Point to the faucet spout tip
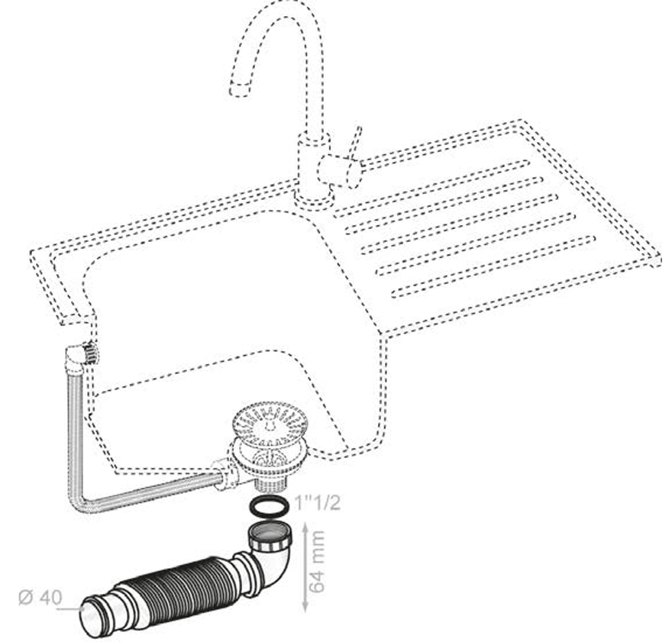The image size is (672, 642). point(240,89)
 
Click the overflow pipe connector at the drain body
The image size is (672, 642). point(223,476)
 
